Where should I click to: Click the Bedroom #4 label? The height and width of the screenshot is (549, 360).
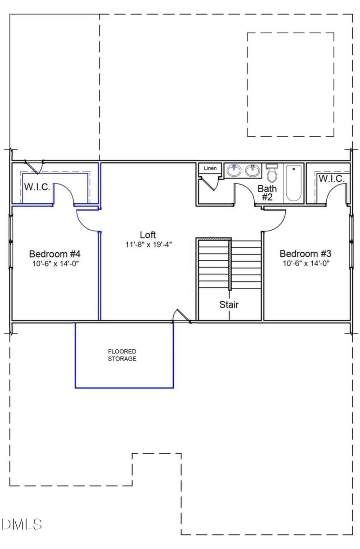click(x=54, y=253)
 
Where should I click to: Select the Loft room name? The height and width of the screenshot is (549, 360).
click(x=148, y=235)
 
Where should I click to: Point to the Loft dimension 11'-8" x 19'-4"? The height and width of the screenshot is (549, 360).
click(x=149, y=245)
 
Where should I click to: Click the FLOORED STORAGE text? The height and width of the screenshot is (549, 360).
click(x=122, y=355)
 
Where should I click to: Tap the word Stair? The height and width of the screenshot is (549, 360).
click(x=229, y=304)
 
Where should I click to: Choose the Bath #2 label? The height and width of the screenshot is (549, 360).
click(x=267, y=193)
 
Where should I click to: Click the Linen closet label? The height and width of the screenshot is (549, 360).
click(x=210, y=168)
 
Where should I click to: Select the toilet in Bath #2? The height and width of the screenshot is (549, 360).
click(x=271, y=173)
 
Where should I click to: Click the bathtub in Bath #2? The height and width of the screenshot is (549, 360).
click(x=293, y=183)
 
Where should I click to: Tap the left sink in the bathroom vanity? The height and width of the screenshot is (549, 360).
click(x=234, y=171)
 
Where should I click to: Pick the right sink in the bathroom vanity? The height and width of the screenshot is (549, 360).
click(x=252, y=171)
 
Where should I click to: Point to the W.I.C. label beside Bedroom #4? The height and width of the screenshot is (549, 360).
click(x=37, y=187)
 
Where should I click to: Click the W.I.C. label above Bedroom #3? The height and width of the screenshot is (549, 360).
click(x=332, y=179)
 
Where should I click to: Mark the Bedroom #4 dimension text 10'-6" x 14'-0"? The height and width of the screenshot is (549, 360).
click(x=54, y=263)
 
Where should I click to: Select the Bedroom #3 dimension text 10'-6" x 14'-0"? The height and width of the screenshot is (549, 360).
click(x=306, y=263)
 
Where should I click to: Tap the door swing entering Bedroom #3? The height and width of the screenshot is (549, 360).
click(x=275, y=220)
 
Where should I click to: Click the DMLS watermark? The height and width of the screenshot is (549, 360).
click(x=22, y=524)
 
